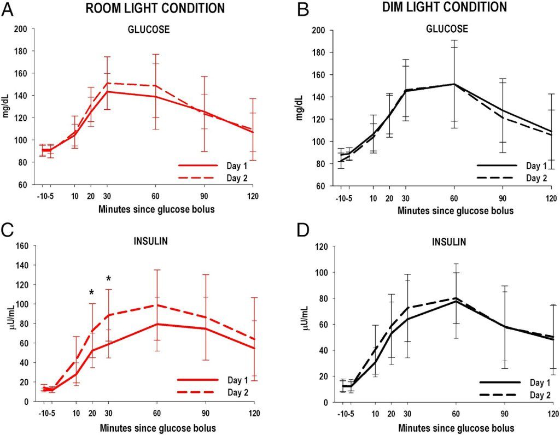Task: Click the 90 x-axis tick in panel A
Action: click(x=203, y=196)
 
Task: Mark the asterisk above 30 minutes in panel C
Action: click(x=109, y=280)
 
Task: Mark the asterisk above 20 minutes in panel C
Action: click(x=92, y=293)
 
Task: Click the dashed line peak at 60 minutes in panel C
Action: click(x=157, y=305)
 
